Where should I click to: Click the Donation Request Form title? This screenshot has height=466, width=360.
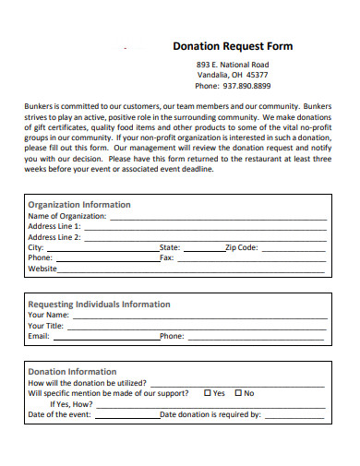click(x=233, y=46)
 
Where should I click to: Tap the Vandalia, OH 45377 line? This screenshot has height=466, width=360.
click(x=233, y=75)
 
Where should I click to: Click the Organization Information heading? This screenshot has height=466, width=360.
click(x=79, y=204)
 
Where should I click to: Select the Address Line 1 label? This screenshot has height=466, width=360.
click(x=54, y=226)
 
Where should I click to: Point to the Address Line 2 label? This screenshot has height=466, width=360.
click(x=54, y=237)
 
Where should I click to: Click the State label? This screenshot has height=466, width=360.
click(x=171, y=247)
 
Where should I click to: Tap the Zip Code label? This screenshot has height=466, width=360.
click(x=242, y=247)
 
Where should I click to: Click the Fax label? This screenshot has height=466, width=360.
click(x=167, y=258)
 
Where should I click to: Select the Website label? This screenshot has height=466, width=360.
click(x=42, y=269)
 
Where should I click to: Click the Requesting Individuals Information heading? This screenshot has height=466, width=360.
click(x=99, y=304)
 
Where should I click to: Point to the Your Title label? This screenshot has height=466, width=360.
click(x=46, y=326)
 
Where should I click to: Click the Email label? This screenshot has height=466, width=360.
click(x=39, y=337)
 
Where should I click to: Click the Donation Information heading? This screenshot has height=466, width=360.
click(x=72, y=371)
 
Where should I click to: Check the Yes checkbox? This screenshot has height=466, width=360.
click(x=207, y=392)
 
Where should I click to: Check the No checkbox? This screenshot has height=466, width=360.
click(x=238, y=392)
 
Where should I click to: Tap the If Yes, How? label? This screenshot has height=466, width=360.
click(x=71, y=404)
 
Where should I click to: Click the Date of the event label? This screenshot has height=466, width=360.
click(x=60, y=415)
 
